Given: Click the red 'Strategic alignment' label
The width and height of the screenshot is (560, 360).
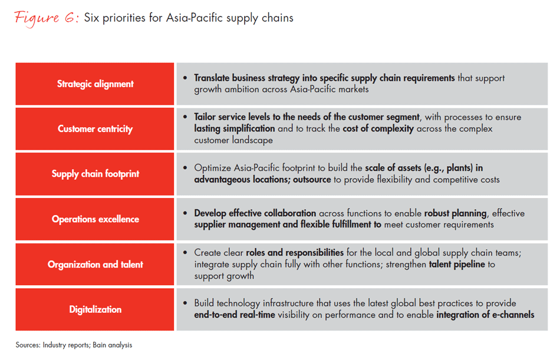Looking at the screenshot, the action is pos(95,84).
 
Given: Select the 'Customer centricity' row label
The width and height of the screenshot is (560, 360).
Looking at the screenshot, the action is pos(95,129).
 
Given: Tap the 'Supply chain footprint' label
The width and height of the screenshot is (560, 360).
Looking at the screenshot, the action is pos(95,174).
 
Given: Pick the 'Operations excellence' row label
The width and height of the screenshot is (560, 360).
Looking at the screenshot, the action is pos(95,219).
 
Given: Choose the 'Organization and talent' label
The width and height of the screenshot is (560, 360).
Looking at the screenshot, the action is pos(95,265).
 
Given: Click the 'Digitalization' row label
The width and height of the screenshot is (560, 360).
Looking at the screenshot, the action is pos(95,309).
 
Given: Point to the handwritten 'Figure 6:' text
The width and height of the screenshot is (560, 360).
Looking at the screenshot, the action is pos(47,18).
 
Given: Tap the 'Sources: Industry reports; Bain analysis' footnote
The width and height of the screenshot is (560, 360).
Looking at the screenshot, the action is pos(74,345).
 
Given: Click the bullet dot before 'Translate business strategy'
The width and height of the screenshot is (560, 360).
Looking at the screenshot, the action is pos(185,78).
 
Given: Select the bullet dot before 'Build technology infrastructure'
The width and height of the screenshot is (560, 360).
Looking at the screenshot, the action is pos(185,303).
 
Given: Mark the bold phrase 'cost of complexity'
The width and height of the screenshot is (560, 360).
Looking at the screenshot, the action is pos(378,128).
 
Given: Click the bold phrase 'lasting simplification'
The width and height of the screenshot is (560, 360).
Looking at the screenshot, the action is pos(235,128).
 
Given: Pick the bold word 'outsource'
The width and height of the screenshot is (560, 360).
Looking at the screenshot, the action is pos(312,179).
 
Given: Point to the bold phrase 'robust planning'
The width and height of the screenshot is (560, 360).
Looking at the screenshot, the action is pos(455,213).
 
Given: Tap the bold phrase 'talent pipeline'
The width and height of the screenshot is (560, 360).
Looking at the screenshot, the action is pos(457,265).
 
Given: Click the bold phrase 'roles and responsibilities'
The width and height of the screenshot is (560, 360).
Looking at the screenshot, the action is pos(295,253).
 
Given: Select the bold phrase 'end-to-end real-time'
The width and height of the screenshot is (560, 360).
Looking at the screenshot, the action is pos(235,315).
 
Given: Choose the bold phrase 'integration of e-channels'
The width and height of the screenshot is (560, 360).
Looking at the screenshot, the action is pos(485,315).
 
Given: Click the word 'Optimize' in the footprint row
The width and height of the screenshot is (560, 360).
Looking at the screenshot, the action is pos(212,168).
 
